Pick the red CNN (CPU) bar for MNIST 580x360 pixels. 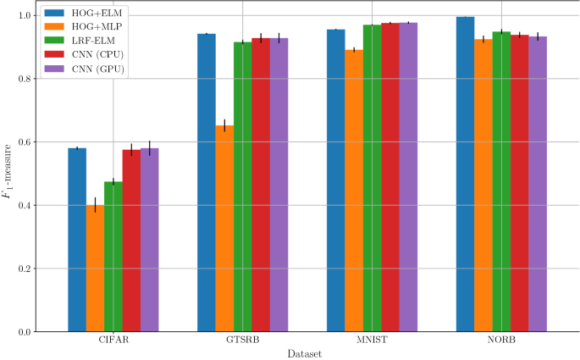(x=389, y=177)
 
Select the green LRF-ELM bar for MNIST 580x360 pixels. (x=372, y=178)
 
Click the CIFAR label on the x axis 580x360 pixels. (x=113, y=341)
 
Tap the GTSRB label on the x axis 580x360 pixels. (x=242, y=341)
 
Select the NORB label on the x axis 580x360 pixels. (x=501, y=341)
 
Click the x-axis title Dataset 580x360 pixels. (x=303, y=353)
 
